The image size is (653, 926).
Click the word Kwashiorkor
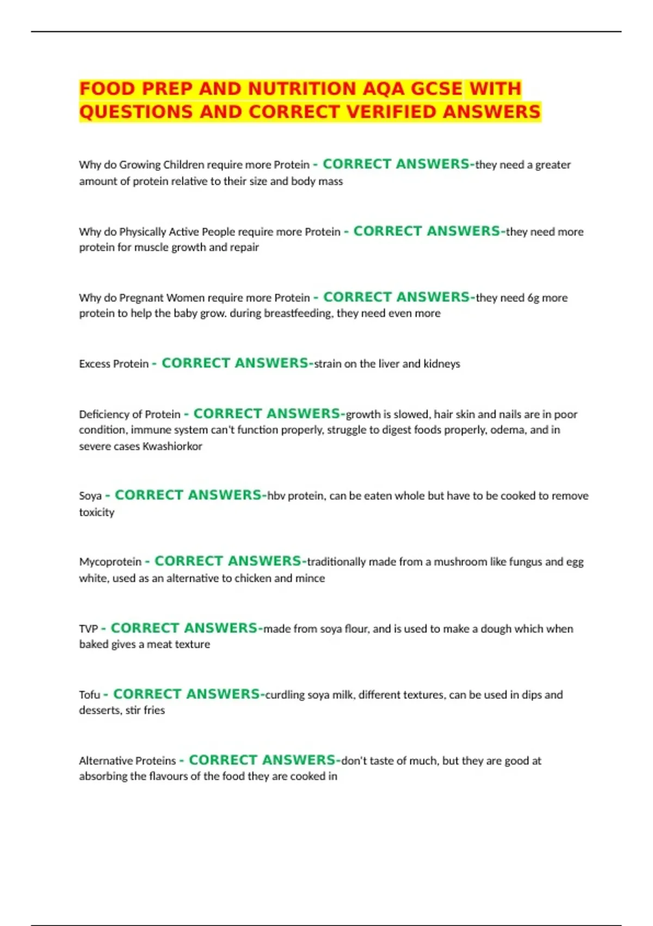coord(172,446)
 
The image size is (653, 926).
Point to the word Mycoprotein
coord(110,562)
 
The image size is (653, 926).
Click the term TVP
coord(88,629)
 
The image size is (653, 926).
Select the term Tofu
coord(90,694)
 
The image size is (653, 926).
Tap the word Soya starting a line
coord(90,496)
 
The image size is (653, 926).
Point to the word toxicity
coord(97,512)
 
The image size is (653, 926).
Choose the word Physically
coord(142,232)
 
